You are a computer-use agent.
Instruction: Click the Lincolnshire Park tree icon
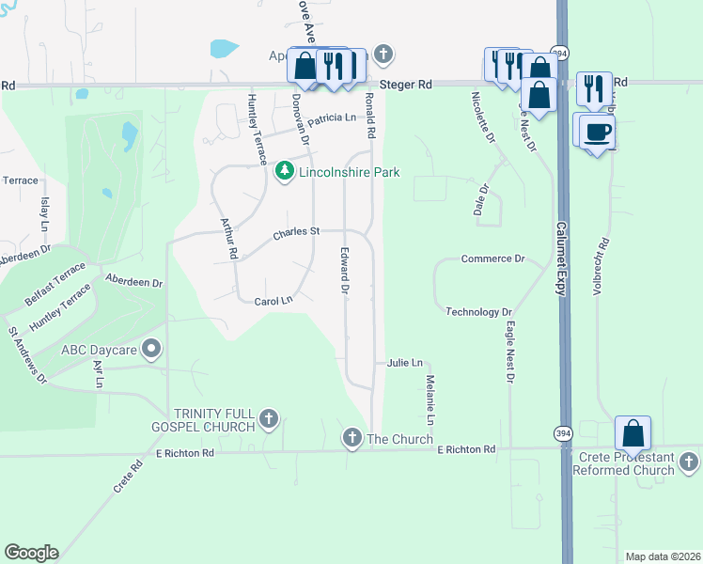tap(284, 172)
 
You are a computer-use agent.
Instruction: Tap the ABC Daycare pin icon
tap(152, 350)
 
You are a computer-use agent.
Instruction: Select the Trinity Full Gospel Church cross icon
tap(269, 419)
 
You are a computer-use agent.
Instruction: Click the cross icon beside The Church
tap(352, 437)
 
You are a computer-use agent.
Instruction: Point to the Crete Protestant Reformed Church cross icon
tap(689, 462)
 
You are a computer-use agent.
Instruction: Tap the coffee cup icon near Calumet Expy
tap(597, 131)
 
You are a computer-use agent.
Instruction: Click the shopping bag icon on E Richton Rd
tap(633, 434)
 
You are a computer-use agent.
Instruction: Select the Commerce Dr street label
tap(492, 258)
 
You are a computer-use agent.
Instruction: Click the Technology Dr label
tap(478, 311)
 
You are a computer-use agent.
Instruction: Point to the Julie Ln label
tap(405, 362)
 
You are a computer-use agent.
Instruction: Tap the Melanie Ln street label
tap(430, 400)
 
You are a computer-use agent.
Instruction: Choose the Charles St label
tap(297, 231)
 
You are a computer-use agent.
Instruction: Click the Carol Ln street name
tap(274, 301)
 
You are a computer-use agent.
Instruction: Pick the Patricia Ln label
tap(332, 118)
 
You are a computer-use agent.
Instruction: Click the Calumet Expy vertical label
tap(559, 259)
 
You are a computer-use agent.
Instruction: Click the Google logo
tap(31, 553)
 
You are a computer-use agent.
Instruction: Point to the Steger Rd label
tap(412, 85)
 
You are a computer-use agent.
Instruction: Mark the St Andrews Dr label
tap(26, 355)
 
